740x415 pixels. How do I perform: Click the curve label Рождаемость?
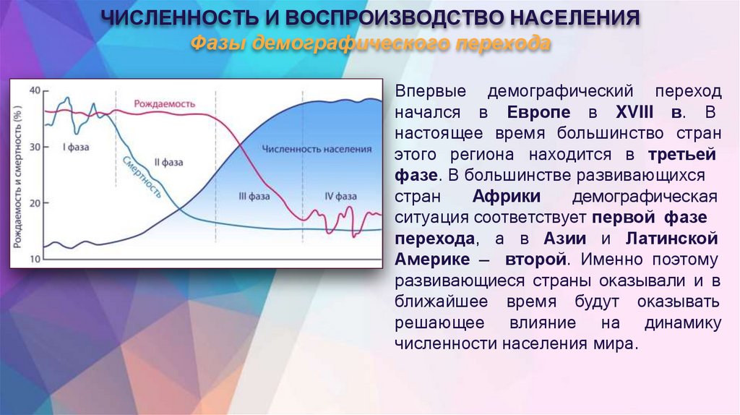click(x=165, y=103)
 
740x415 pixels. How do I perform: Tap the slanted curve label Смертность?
click(x=142, y=177)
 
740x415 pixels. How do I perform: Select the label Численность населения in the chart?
click(x=317, y=149)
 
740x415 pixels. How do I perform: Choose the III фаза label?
click(x=254, y=196)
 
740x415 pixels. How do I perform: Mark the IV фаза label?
click(x=340, y=196)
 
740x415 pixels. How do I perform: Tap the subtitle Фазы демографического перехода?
click(x=370, y=44)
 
